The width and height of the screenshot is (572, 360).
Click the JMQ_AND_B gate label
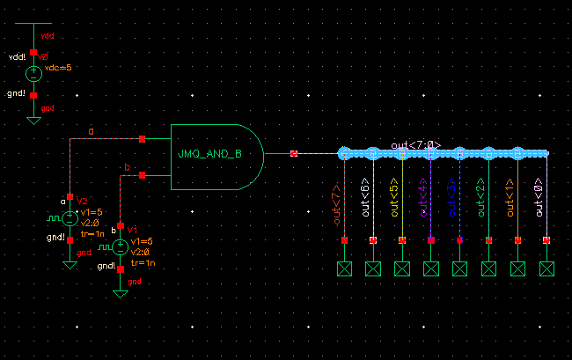209,154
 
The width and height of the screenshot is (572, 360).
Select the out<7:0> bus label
415,144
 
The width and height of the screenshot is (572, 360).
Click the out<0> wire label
539,199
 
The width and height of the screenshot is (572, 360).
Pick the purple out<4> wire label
423,199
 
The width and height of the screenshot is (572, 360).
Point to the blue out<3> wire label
452,199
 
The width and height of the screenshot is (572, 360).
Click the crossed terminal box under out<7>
344,268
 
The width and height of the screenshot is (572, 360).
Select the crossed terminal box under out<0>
546,268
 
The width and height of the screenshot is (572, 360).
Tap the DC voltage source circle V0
33,74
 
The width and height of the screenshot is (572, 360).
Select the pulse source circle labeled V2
70,217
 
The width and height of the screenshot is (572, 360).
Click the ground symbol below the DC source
33,118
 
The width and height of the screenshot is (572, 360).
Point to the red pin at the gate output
294,154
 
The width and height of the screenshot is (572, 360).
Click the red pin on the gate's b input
143,175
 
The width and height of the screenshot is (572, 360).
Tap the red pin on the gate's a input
143,138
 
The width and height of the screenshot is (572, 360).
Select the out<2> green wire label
481,199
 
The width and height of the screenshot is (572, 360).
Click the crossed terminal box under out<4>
430,268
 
